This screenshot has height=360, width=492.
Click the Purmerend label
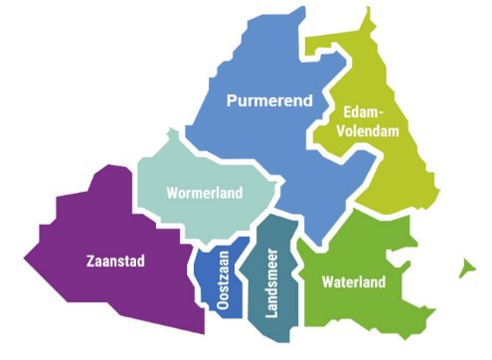(x=269, y=101)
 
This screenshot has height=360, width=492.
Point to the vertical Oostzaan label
(x=223, y=284)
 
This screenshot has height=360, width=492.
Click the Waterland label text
(x=353, y=282)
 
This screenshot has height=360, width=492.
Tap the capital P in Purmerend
(x=232, y=101)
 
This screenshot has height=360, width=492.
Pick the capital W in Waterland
(x=327, y=282)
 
